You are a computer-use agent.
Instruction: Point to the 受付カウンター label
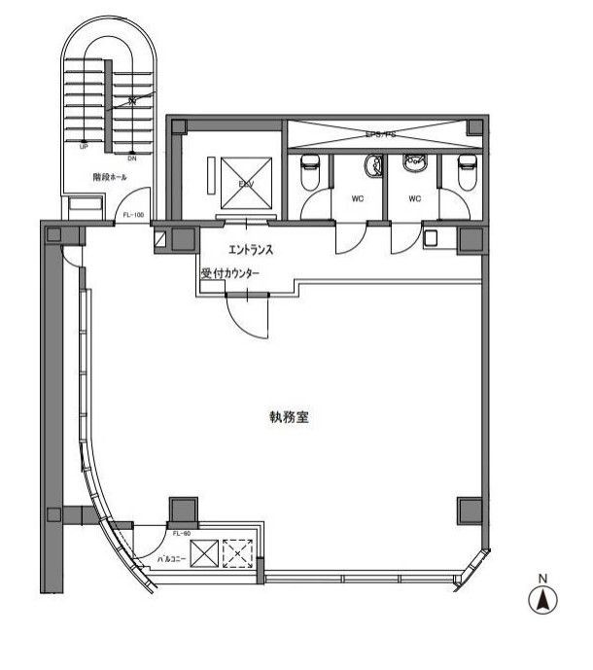230,275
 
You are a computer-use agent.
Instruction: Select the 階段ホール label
109,178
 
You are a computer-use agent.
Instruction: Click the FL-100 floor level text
132,214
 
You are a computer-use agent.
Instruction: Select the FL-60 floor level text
181,534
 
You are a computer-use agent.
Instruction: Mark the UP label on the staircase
84,147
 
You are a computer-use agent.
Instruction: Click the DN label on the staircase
132,156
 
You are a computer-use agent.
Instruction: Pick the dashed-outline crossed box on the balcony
237,555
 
